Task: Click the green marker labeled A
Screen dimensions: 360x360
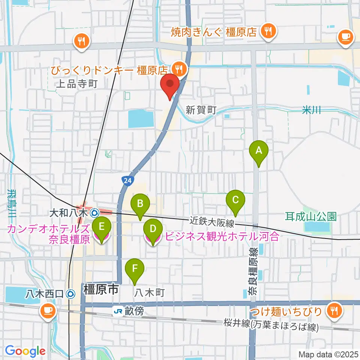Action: pyautogui.click(x=258, y=151)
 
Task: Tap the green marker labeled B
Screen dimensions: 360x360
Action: pyautogui.click(x=140, y=204)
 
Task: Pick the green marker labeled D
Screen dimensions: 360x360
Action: pyautogui.click(x=153, y=229)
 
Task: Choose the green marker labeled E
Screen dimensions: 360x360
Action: pyautogui.click(x=101, y=227)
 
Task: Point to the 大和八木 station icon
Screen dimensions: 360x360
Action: pyautogui.click(x=94, y=213)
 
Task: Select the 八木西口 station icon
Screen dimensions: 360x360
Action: pyautogui.click(x=70, y=294)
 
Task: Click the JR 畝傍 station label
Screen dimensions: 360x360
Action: pyautogui.click(x=129, y=311)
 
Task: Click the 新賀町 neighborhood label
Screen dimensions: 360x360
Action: pyautogui.click(x=201, y=110)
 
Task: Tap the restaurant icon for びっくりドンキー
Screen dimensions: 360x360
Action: pyautogui.click(x=179, y=69)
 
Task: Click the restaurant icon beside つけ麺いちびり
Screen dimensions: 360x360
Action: pyautogui.click(x=333, y=310)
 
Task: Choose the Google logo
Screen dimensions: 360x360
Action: pyautogui.click(x=25, y=351)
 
